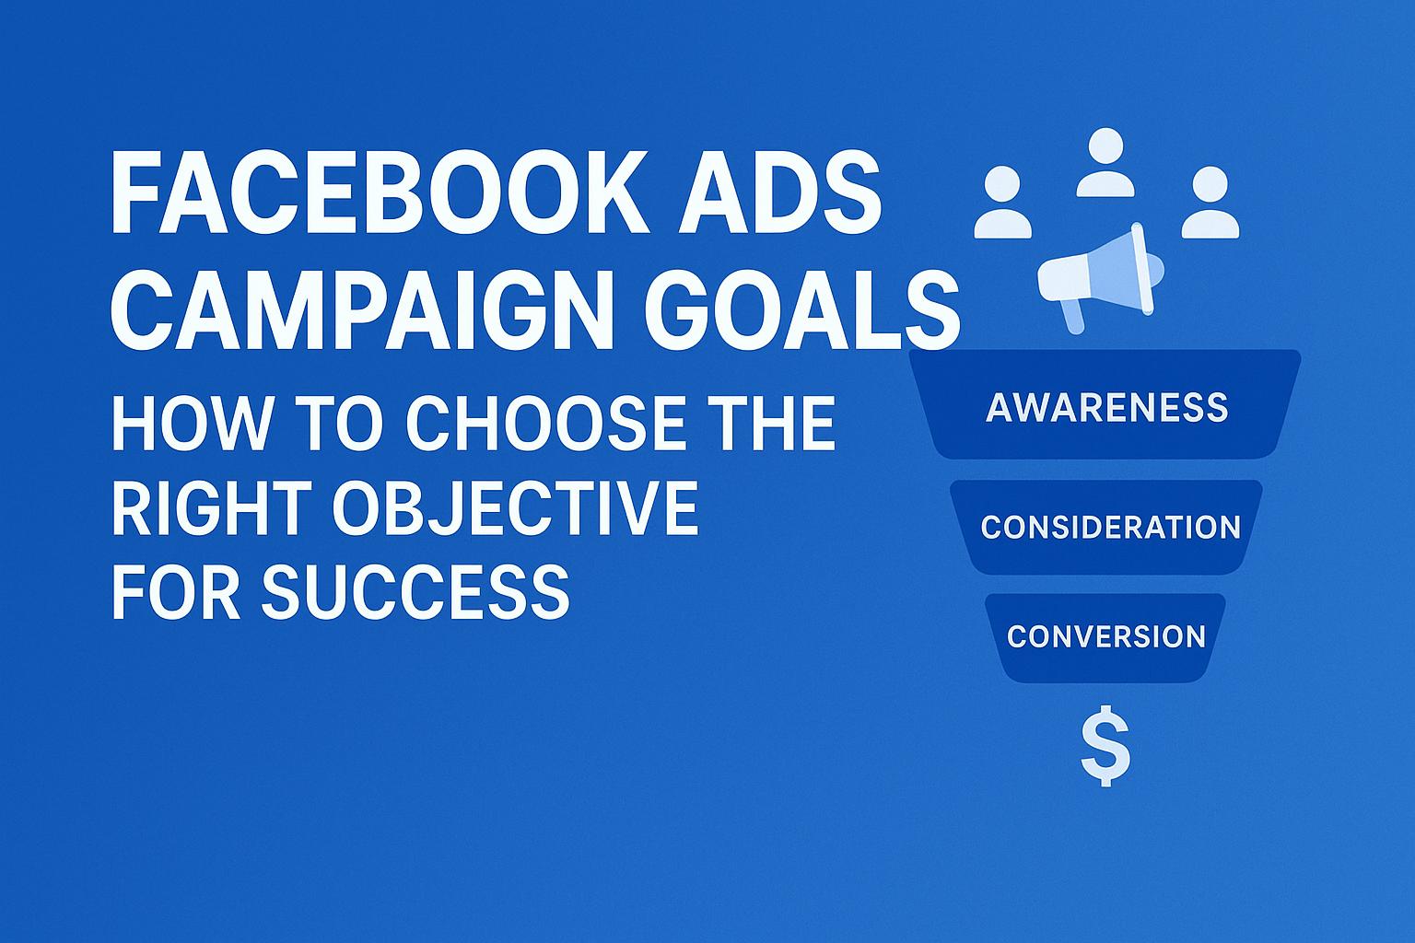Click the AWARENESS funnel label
1106,407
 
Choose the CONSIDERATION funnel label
1110,528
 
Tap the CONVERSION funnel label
1105,636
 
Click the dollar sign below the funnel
1105,746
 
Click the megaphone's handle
1072,315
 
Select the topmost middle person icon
1105,164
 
